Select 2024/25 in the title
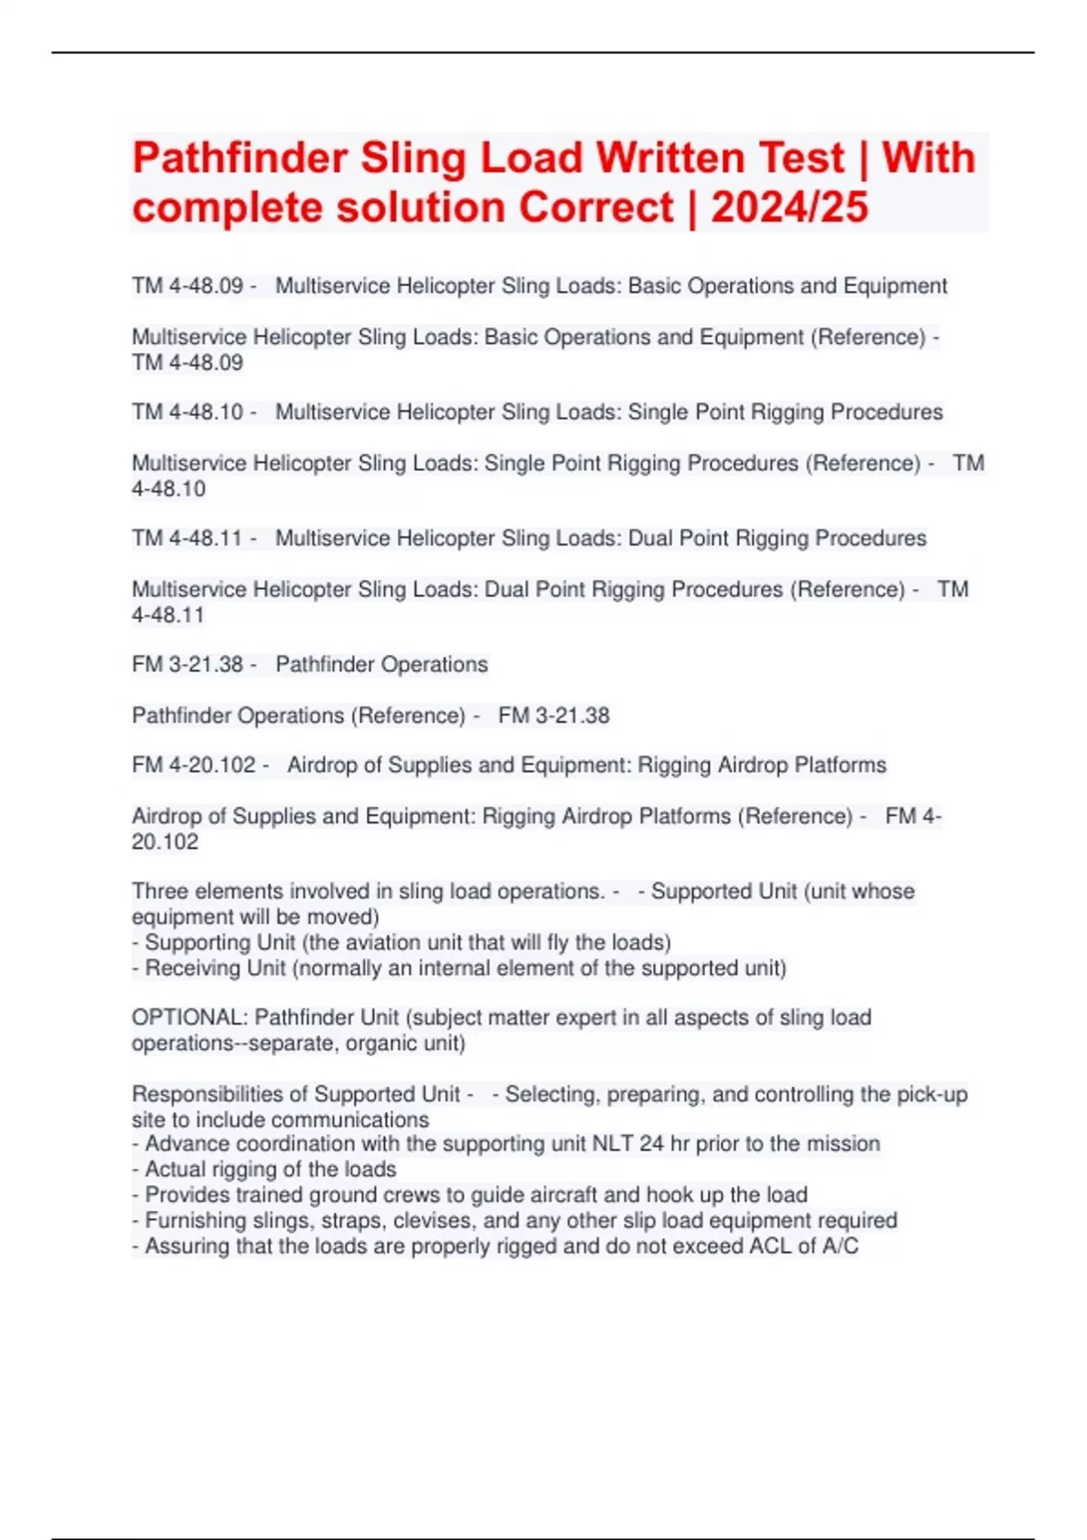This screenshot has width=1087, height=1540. [x=790, y=207]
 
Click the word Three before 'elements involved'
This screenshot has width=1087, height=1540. [x=160, y=891]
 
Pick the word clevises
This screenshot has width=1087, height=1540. [x=434, y=1220]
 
